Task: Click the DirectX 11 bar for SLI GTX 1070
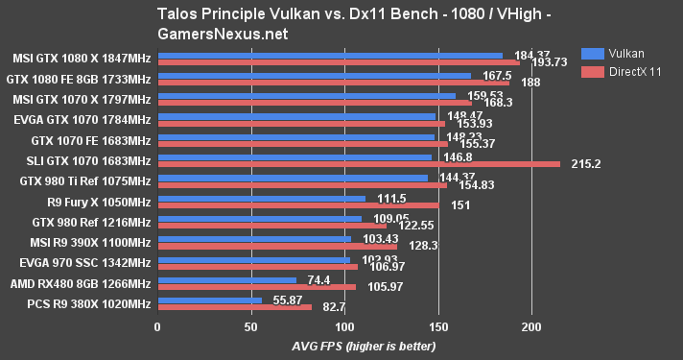359,163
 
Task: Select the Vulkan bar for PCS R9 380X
209,300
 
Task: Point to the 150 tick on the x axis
437,326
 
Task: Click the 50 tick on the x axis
250,326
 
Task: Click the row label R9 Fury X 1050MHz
99,201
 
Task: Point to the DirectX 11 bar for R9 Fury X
298,204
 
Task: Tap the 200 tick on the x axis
531,326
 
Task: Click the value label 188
530,83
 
